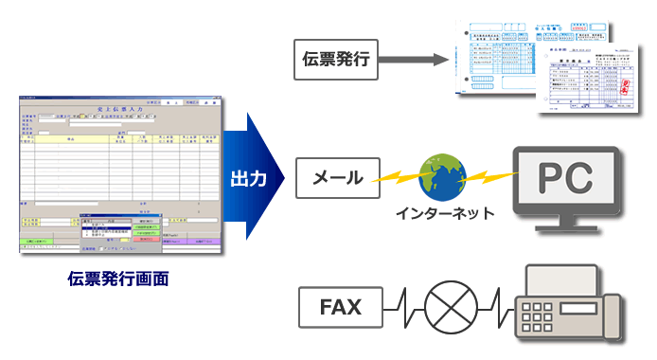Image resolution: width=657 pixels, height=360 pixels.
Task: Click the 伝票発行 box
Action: tap(336, 62)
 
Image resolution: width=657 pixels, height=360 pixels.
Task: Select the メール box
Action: tap(334, 177)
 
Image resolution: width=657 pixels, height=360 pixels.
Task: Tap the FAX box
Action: tap(334, 306)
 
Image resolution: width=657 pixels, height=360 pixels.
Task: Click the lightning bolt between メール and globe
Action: tap(399, 175)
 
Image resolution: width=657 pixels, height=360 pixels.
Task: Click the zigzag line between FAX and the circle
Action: tap(401, 306)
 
